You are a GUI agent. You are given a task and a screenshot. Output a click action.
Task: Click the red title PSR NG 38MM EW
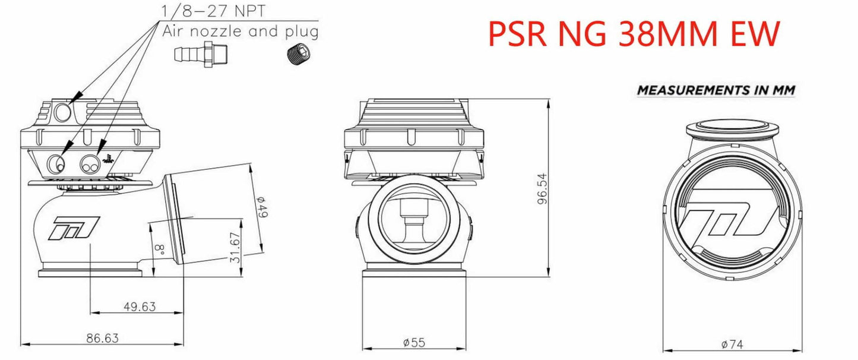[x=633, y=34]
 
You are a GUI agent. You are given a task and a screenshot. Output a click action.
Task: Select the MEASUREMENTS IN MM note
[x=715, y=90]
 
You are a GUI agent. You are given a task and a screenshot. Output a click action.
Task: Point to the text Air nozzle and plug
[x=240, y=31]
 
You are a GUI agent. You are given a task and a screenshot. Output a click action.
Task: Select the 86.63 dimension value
[x=102, y=339]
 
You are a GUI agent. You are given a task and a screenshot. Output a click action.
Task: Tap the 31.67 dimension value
[x=236, y=248]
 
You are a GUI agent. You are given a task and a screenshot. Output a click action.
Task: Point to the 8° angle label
[x=158, y=248]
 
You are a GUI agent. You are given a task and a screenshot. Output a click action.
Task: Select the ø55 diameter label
[x=413, y=342]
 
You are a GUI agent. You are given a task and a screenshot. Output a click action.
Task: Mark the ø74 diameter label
[x=732, y=343]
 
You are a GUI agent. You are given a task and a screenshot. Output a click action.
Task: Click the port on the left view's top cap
[x=61, y=112]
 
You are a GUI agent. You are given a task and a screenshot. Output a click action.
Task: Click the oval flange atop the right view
[x=732, y=128]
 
